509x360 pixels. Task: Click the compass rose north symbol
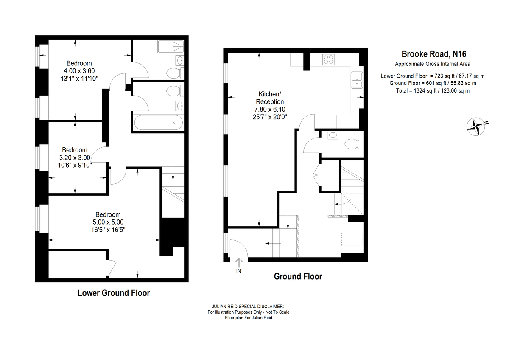[x=476, y=127]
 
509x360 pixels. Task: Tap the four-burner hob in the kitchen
[x=329, y=59]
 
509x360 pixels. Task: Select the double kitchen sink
[x=357, y=80]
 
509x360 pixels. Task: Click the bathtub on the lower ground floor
[x=158, y=123]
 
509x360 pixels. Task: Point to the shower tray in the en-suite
[x=171, y=46]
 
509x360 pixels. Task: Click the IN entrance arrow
[x=238, y=263]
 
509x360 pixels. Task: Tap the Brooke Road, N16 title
[x=434, y=54]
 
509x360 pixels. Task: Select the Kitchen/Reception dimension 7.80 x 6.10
[x=270, y=110]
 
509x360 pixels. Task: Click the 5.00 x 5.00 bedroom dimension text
[x=108, y=222]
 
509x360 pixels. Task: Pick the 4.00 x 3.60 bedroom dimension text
[x=79, y=71]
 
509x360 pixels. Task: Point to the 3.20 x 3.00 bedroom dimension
[x=75, y=157]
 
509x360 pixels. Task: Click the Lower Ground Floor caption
[x=114, y=293]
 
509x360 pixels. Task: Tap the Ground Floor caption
[x=298, y=276]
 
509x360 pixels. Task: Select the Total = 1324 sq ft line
[x=433, y=91]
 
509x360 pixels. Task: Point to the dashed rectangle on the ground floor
[x=352, y=239]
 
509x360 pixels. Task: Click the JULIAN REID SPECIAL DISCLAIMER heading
[x=249, y=307]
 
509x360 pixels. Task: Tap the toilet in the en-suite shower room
[x=174, y=73]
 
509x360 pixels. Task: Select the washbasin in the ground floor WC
[x=333, y=135]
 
